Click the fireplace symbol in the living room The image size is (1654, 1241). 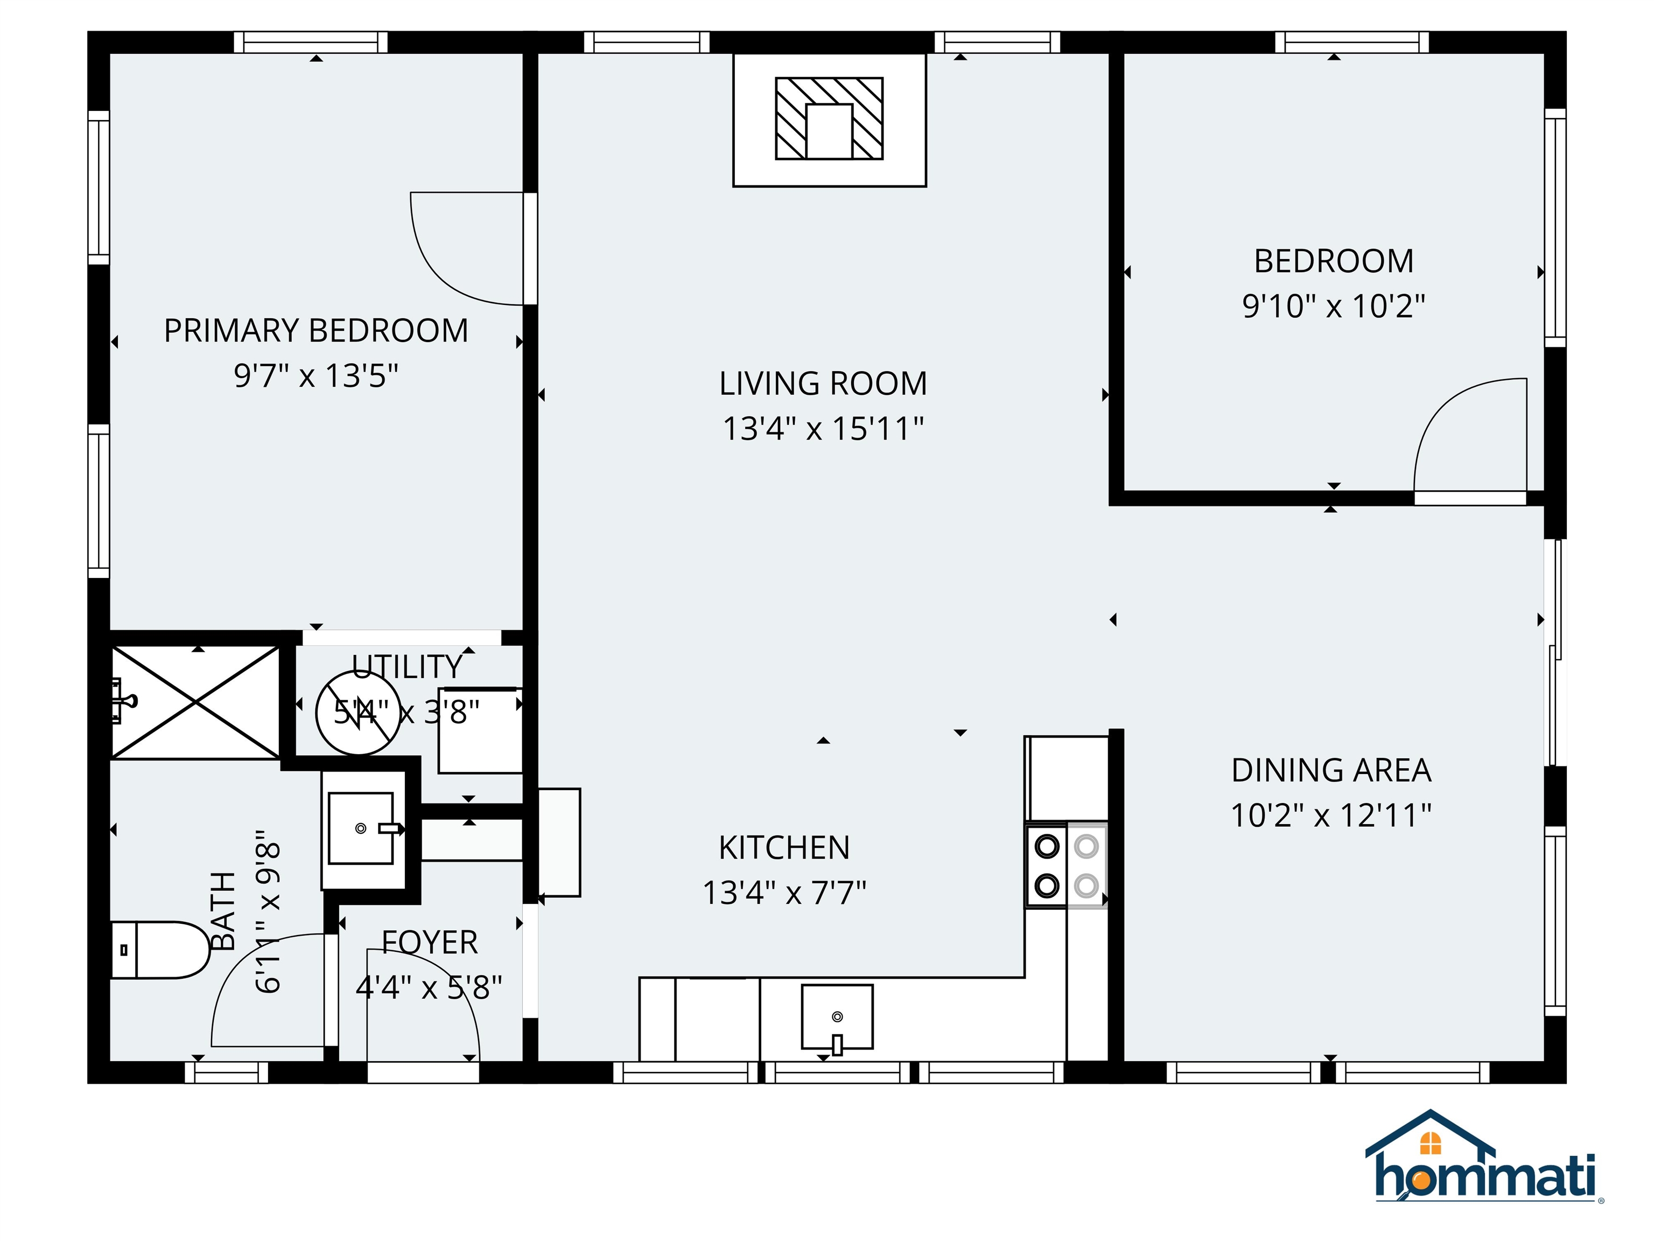[829, 119]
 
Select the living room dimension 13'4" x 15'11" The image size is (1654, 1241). [823, 429]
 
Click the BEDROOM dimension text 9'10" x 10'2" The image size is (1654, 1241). [1333, 306]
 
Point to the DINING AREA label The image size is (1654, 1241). [1331, 770]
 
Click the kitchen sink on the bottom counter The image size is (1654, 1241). [837, 1016]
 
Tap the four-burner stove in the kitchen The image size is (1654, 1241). [1066, 866]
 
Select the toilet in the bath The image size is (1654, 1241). [161, 950]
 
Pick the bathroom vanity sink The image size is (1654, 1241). [361, 828]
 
